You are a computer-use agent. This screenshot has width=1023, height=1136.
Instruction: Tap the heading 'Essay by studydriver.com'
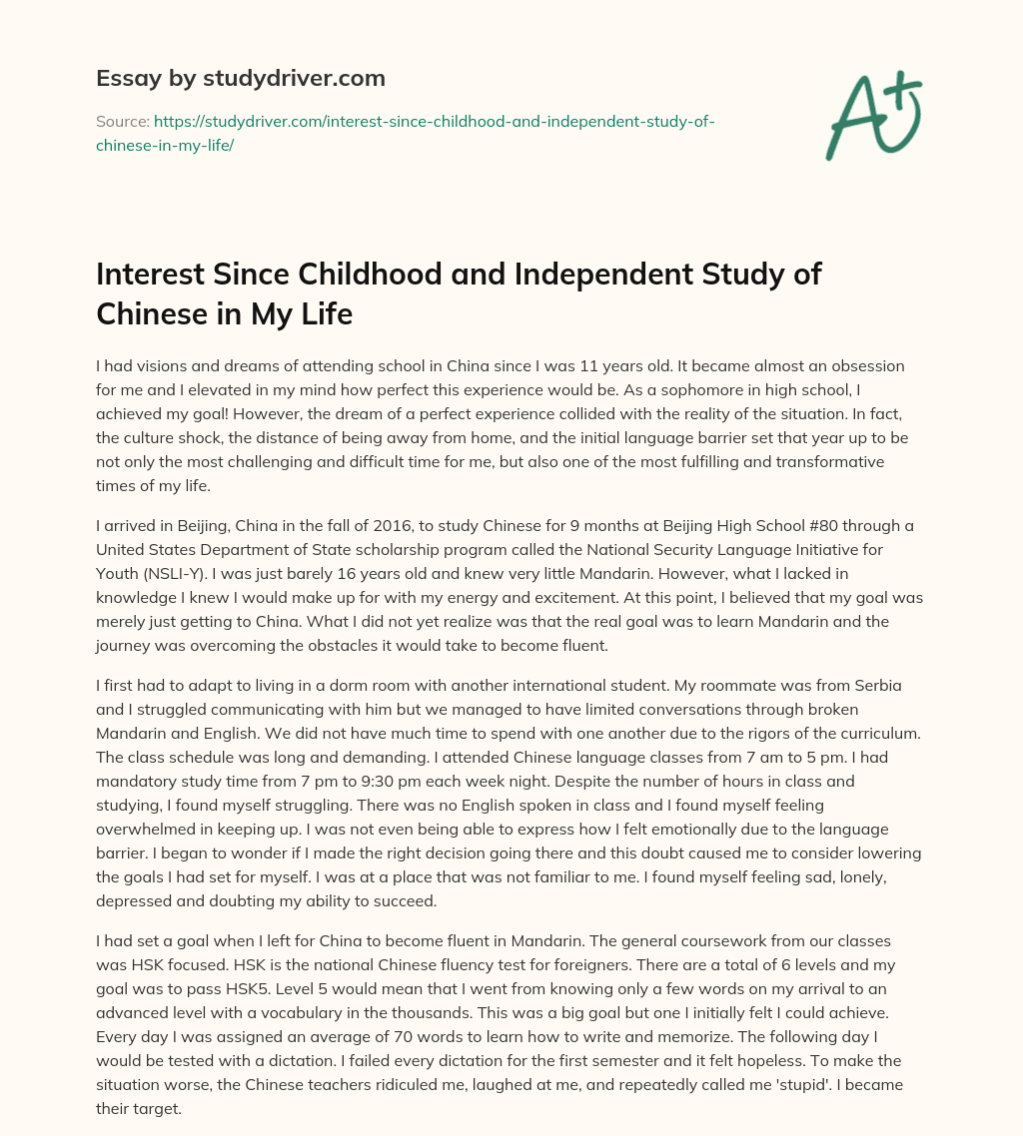(x=241, y=78)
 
